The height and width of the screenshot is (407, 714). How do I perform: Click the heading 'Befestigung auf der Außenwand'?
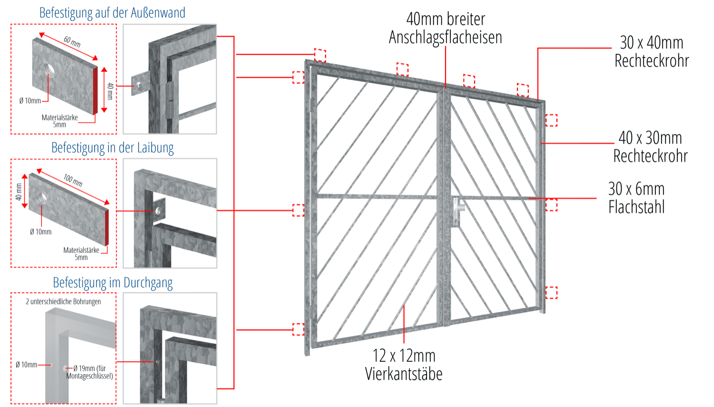click(112, 13)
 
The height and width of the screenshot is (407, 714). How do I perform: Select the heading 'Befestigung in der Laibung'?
click(112, 148)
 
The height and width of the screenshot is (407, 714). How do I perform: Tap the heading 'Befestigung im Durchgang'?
click(112, 283)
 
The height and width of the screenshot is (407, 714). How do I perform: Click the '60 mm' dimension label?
click(72, 42)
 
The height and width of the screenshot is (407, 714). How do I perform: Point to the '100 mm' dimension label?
click(73, 180)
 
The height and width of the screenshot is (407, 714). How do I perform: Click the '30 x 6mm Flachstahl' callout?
click(636, 198)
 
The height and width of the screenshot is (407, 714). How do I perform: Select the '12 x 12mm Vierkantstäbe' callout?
click(404, 365)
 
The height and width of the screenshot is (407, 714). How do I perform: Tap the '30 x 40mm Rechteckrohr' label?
click(652, 51)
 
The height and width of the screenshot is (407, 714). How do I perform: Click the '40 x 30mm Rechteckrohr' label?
click(650, 147)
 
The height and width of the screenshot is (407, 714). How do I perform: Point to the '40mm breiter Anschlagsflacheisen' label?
click(446, 28)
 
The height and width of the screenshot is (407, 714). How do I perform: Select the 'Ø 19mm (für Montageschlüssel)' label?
click(90, 372)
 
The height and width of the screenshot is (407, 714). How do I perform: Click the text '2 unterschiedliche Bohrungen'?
click(63, 301)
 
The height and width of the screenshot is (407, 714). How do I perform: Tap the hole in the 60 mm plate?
click(50, 70)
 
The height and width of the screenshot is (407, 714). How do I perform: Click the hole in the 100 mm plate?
click(43, 196)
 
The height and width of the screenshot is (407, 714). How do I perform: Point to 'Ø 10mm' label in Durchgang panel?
click(26, 365)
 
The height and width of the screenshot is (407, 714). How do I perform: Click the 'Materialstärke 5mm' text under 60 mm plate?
click(59, 121)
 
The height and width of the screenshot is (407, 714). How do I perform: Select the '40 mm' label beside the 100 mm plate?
click(19, 191)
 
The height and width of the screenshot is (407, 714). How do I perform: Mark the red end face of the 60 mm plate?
click(95, 90)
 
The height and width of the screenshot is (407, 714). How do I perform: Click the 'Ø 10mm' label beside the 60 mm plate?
click(30, 101)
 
